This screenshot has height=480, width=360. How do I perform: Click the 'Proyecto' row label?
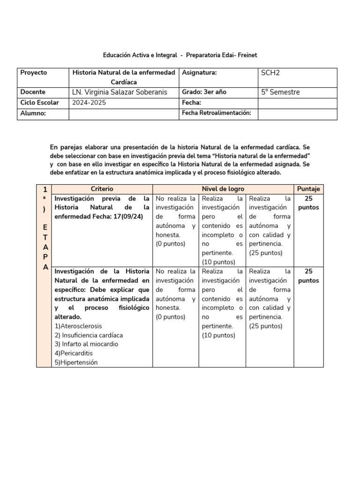coord(34,73)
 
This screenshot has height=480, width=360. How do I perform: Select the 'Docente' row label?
coord(33,92)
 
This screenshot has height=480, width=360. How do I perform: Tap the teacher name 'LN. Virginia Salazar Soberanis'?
coord(119,92)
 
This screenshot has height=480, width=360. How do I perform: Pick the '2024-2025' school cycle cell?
coord(90,103)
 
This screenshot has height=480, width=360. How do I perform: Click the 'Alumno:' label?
coord(33,113)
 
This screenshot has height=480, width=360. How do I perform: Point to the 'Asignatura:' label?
coord(199,73)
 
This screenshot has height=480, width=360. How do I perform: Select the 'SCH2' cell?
coord(270,73)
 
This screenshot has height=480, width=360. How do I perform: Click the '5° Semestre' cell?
coord(280,92)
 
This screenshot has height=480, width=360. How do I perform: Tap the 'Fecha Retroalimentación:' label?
coord(217,113)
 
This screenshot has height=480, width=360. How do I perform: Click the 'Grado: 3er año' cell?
coord(204,92)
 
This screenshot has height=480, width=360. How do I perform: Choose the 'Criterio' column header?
coord(102,189)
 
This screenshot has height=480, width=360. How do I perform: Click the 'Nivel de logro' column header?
coord(223,189)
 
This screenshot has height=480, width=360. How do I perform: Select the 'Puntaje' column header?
coord(308,189)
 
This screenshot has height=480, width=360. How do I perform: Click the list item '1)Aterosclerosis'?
coord(78,326)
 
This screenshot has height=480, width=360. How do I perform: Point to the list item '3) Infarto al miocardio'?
coord(86,344)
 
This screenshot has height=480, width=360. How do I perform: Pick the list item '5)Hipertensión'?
coord(76,362)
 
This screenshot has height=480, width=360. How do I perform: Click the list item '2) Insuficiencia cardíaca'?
coord(89,335)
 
